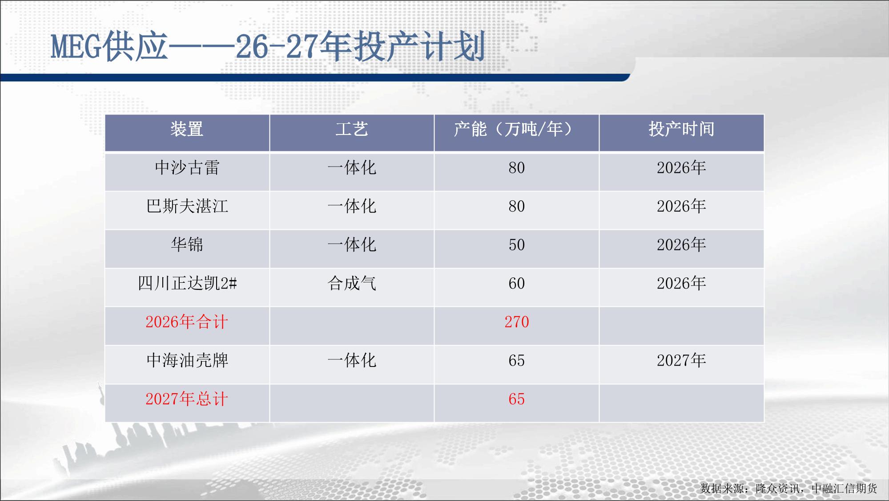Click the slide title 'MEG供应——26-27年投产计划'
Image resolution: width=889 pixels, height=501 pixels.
pyautogui.click(x=268, y=47)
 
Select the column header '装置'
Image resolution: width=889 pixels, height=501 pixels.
pyautogui.click(x=187, y=129)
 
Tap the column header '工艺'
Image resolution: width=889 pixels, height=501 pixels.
pyautogui.click(x=352, y=129)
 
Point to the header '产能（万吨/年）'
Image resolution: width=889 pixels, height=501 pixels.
pyautogui.click(x=516, y=129)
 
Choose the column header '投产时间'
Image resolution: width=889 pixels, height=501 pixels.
pyautogui.click(x=681, y=129)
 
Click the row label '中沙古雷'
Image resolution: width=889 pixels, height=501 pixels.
pyautogui.click(x=187, y=168)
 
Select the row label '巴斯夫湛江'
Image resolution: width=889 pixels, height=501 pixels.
pyautogui.click(x=187, y=206)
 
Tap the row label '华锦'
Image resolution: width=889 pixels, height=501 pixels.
pyautogui.click(x=187, y=245)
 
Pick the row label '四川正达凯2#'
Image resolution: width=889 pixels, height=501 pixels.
pyautogui.click(x=187, y=283)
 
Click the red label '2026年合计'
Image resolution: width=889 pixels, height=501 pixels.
pyautogui.click(x=187, y=322)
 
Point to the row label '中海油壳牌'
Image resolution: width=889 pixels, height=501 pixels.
pyautogui.click(x=187, y=360)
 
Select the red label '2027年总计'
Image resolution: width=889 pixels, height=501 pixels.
pyautogui.click(x=187, y=399)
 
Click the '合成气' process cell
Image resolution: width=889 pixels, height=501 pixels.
pyautogui.click(x=352, y=283)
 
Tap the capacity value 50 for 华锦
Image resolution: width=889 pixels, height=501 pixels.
pyautogui.click(x=517, y=245)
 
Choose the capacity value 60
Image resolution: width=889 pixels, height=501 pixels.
pyautogui.click(x=517, y=283)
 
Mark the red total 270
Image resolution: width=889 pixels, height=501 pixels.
pyautogui.click(x=517, y=322)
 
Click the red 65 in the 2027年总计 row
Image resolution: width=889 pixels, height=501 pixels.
pyautogui.click(x=517, y=399)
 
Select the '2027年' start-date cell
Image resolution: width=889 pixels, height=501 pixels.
pyautogui.click(x=681, y=360)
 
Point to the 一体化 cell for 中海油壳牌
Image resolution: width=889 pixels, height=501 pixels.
pyautogui.click(x=352, y=360)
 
